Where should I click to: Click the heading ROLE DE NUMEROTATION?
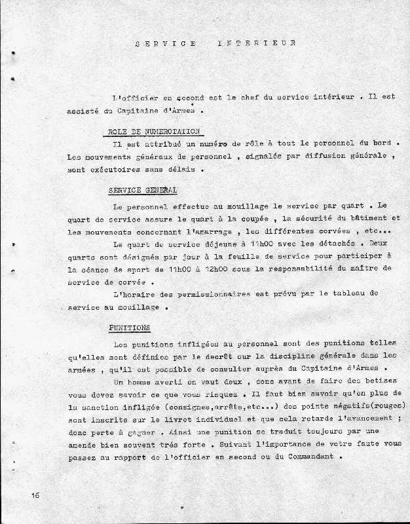point(154,131)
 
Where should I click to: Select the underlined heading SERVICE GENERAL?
point(142,191)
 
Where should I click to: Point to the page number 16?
point(34,495)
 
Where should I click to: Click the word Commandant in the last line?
point(310,458)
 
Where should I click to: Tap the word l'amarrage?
point(201,231)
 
